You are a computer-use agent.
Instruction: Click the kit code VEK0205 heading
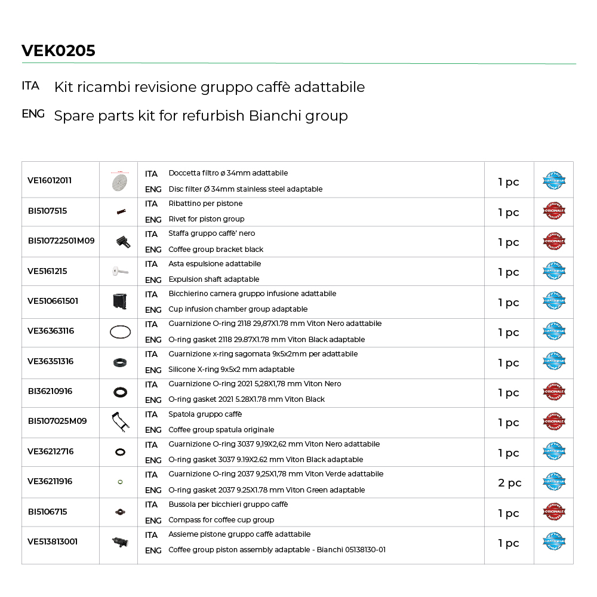click(x=59, y=51)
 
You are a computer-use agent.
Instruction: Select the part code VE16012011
click(x=50, y=180)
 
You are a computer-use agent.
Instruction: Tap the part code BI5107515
click(x=47, y=211)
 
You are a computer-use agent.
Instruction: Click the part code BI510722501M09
click(x=61, y=241)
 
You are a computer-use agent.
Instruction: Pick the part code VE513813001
click(x=53, y=541)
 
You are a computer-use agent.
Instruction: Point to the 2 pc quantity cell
click(x=509, y=483)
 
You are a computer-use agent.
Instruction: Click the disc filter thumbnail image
click(x=119, y=181)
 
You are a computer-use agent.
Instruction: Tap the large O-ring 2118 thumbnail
click(x=119, y=333)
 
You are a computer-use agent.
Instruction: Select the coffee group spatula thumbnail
click(x=119, y=422)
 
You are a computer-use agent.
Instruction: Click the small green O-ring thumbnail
click(x=119, y=482)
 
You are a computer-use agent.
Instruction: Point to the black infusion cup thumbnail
click(x=119, y=301)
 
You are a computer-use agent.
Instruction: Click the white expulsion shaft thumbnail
click(x=119, y=272)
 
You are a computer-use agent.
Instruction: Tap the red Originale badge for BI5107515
click(x=553, y=211)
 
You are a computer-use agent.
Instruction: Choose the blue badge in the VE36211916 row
click(x=553, y=482)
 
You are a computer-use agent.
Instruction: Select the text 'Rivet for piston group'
click(x=207, y=219)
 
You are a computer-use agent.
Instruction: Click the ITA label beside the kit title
click(x=30, y=86)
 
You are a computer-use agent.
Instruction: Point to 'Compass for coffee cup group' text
click(x=221, y=520)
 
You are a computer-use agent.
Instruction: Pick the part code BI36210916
click(x=50, y=391)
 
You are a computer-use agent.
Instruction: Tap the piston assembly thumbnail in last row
click(x=119, y=542)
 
